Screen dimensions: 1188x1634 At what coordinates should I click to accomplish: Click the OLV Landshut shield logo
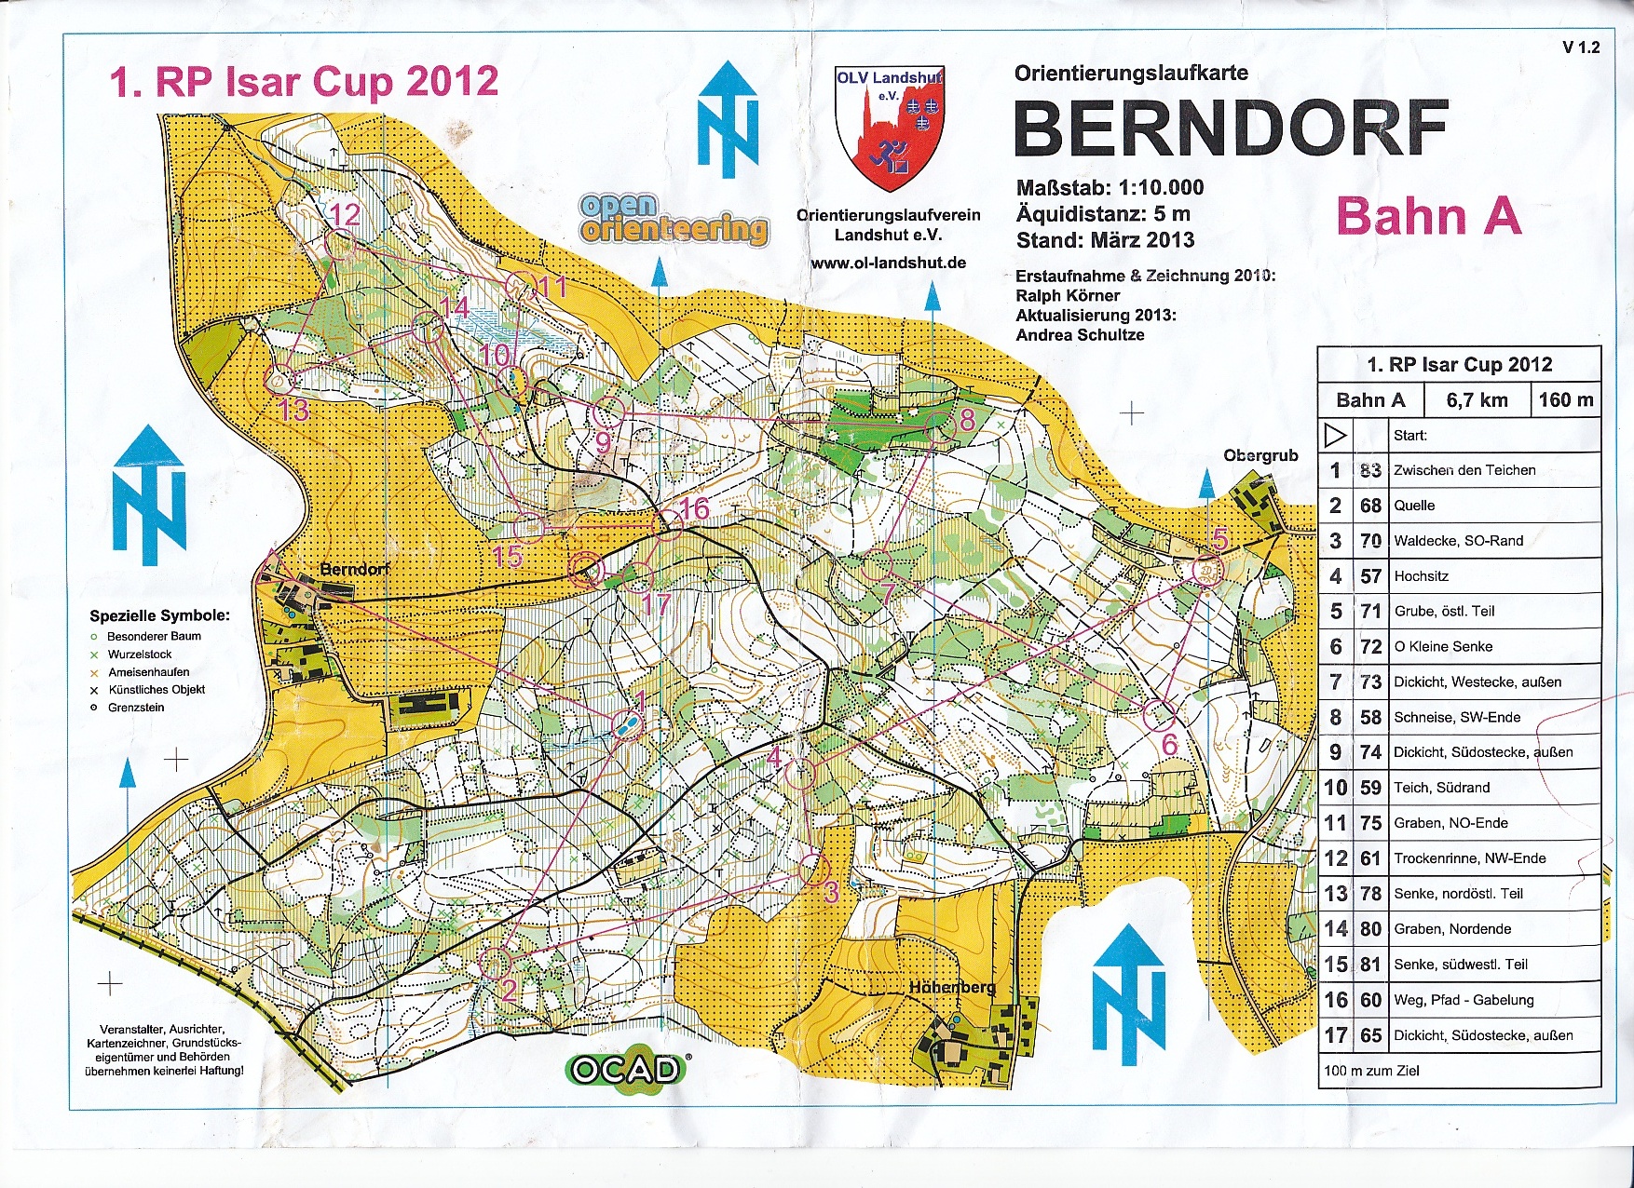(x=889, y=127)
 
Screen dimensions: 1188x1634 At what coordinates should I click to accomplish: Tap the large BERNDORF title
(x=1230, y=128)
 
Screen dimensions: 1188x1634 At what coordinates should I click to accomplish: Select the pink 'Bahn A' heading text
(x=1428, y=217)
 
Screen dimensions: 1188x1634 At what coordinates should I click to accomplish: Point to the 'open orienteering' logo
(x=674, y=220)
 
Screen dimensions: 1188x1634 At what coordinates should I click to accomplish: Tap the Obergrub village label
(x=1260, y=455)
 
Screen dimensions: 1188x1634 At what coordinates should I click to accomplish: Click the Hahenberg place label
(x=952, y=987)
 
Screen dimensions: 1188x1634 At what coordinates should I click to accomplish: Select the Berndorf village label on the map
(x=355, y=569)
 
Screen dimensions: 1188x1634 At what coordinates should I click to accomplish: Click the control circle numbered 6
(x=1159, y=715)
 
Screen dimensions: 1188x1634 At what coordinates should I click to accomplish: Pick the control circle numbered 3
(x=814, y=869)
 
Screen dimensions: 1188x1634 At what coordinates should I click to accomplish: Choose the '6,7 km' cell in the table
(x=1477, y=400)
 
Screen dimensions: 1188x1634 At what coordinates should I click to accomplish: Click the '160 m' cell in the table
(x=1565, y=400)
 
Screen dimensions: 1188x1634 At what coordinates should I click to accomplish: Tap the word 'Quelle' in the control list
(x=1414, y=506)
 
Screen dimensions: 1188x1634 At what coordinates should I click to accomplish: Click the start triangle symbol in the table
(x=1335, y=435)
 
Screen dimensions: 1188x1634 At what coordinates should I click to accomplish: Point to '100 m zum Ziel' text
(x=1371, y=1071)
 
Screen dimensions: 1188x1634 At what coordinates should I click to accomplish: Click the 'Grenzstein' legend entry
(x=136, y=708)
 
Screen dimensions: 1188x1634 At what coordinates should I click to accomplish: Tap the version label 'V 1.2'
(x=1581, y=47)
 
